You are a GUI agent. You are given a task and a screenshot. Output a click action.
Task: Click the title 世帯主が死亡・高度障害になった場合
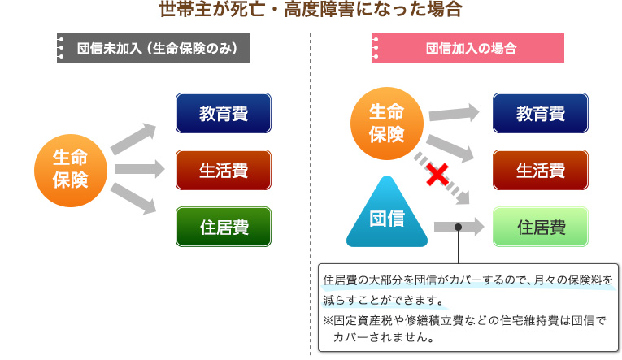311,11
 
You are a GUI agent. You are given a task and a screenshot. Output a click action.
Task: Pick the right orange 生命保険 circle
386,123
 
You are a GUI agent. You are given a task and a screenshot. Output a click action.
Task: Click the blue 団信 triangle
386,215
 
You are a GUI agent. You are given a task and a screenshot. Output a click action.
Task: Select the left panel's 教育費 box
224,114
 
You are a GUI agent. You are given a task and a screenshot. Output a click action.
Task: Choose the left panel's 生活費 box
224,170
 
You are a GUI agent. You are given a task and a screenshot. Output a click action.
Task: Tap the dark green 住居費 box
224,227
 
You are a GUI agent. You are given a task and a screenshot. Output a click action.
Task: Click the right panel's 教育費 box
541,114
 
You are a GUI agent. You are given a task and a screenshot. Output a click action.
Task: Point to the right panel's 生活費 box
541,170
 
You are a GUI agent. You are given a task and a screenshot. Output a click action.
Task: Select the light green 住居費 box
541,227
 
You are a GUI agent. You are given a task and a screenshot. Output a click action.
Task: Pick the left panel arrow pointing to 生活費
134,170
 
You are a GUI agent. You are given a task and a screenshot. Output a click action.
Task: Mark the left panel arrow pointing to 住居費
133,200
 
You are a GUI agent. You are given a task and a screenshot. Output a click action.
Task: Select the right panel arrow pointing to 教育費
454,114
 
